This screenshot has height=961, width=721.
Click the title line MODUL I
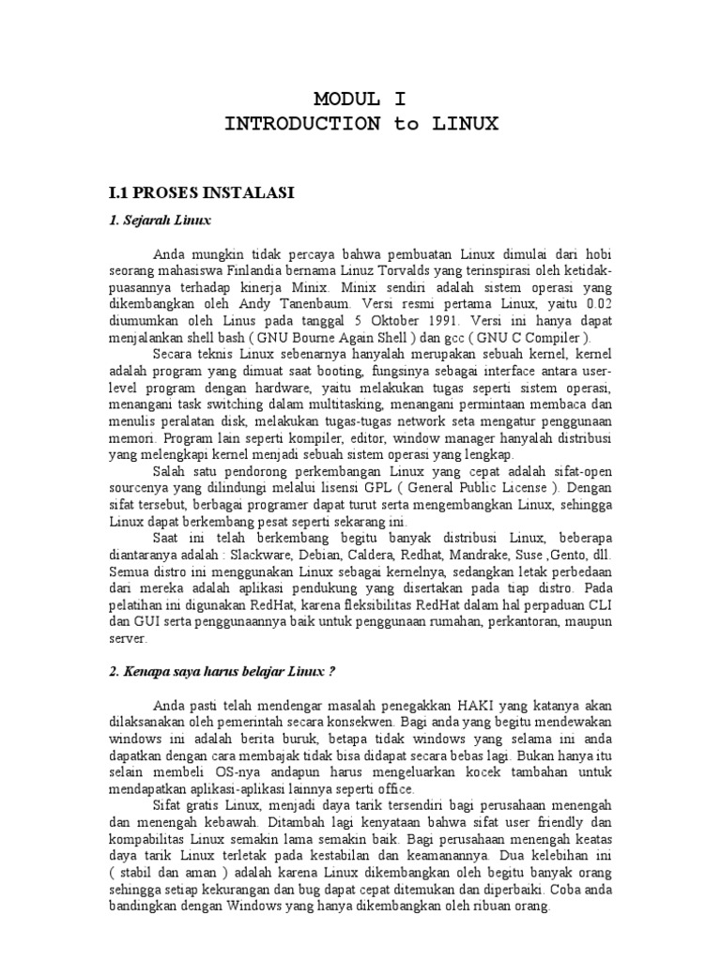coord(361,99)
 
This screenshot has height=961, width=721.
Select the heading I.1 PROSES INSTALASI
coord(202,193)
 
